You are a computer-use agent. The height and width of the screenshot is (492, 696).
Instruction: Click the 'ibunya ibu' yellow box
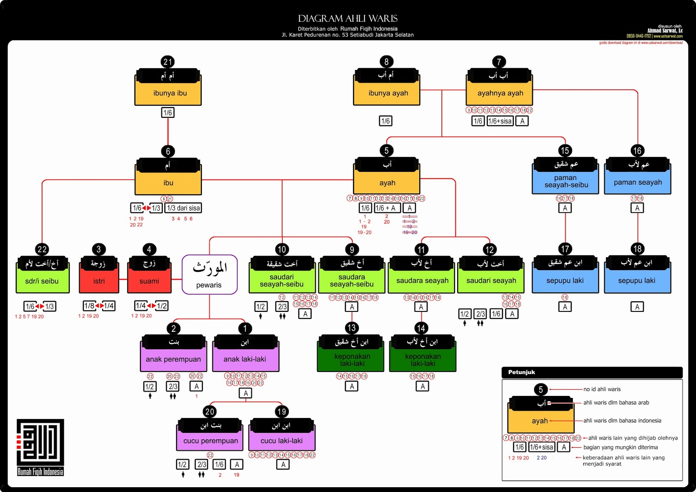pos(168,93)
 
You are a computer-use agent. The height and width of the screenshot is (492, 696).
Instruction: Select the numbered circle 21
pos(167,62)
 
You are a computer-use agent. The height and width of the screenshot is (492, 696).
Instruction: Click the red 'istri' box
pos(99,281)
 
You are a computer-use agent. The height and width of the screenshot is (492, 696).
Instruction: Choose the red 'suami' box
pos(149,281)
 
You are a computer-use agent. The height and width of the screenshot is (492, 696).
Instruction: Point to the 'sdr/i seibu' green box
pos(42,281)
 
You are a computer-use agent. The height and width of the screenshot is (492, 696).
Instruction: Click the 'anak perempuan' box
pos(173,359)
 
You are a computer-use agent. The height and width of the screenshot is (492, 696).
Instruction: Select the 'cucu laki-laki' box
pos(281,441)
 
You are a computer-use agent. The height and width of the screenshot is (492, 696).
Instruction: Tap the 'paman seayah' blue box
pos(638,182)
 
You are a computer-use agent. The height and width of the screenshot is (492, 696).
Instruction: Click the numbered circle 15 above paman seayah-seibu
pos(565,151)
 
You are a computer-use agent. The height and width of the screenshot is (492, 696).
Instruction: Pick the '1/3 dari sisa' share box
pos(183,208)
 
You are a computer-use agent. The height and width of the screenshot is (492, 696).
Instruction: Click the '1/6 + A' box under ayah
pos(385,208)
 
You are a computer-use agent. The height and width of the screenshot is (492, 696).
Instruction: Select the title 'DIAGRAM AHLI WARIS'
pos(348,19)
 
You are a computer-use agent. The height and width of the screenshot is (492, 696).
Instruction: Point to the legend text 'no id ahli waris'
pos(602,389)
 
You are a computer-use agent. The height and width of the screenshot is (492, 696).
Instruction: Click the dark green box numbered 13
pos(351,359)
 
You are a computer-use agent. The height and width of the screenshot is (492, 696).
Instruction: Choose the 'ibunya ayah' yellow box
pos(387,93)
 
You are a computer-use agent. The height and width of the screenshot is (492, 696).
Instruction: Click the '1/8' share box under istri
pos(90,306)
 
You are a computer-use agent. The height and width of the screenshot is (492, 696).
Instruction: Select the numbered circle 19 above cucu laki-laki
pos(281,412)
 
